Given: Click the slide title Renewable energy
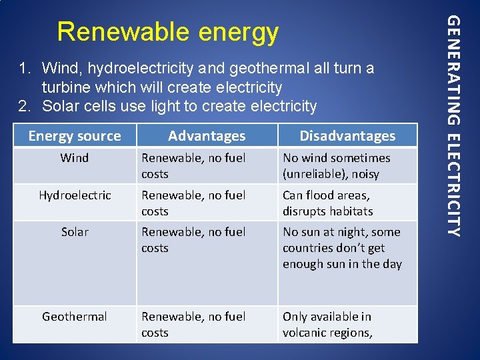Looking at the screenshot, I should (167, 31).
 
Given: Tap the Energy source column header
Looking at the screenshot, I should (75, 136).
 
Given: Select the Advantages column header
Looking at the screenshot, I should (207, 136).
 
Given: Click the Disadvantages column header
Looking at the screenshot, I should (347, 136).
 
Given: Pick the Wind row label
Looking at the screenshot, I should (75, 158).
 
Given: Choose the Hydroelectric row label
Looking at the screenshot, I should (75, 195).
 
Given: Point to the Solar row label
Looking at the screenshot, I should (75, 232).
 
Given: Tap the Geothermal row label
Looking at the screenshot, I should (75, 317).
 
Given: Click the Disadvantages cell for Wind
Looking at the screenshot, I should (337, 166).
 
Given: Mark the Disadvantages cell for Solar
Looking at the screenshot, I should (342, 248).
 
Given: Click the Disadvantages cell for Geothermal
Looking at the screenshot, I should (327, 325).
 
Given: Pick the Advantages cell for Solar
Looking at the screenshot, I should (193, 240).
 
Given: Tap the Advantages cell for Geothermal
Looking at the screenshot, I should (193, 325).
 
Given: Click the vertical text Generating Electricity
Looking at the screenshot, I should (453, 127).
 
